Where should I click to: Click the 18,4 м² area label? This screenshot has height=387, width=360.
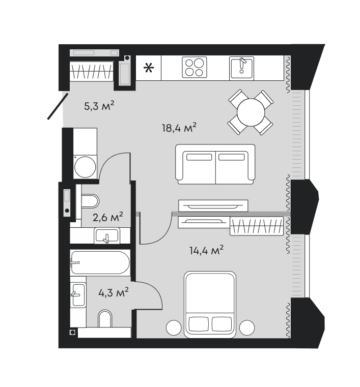point(179,128)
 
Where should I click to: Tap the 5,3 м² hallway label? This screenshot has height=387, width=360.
point(99,106)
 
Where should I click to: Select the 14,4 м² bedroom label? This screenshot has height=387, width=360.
point(206,250)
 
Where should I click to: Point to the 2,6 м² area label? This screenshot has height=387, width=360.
point(108,217)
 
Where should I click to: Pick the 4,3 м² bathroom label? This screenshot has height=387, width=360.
point(114,293)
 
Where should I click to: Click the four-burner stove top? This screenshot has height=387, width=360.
point(195,67)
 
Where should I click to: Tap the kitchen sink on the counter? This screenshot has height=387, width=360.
point(241,68)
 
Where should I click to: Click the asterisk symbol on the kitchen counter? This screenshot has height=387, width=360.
point(149,68)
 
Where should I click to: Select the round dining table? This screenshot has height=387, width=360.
point(251,112)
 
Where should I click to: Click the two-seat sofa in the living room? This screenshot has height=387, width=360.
point(215,164)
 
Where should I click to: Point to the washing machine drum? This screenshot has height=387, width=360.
point(85,167)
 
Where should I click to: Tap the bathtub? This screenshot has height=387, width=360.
point(100,262)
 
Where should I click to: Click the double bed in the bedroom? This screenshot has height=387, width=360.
point(210,304)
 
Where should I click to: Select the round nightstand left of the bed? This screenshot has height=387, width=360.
point(174,328)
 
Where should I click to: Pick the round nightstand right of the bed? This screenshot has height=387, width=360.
point(247,328)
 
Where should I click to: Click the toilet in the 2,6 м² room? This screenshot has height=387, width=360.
point(90,201)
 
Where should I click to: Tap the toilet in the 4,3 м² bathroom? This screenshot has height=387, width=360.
point(105,319)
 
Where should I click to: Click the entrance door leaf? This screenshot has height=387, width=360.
point(58,106)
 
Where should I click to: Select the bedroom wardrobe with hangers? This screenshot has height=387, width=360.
point(257,226)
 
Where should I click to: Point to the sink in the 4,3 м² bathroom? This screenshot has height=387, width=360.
point(78,294)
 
